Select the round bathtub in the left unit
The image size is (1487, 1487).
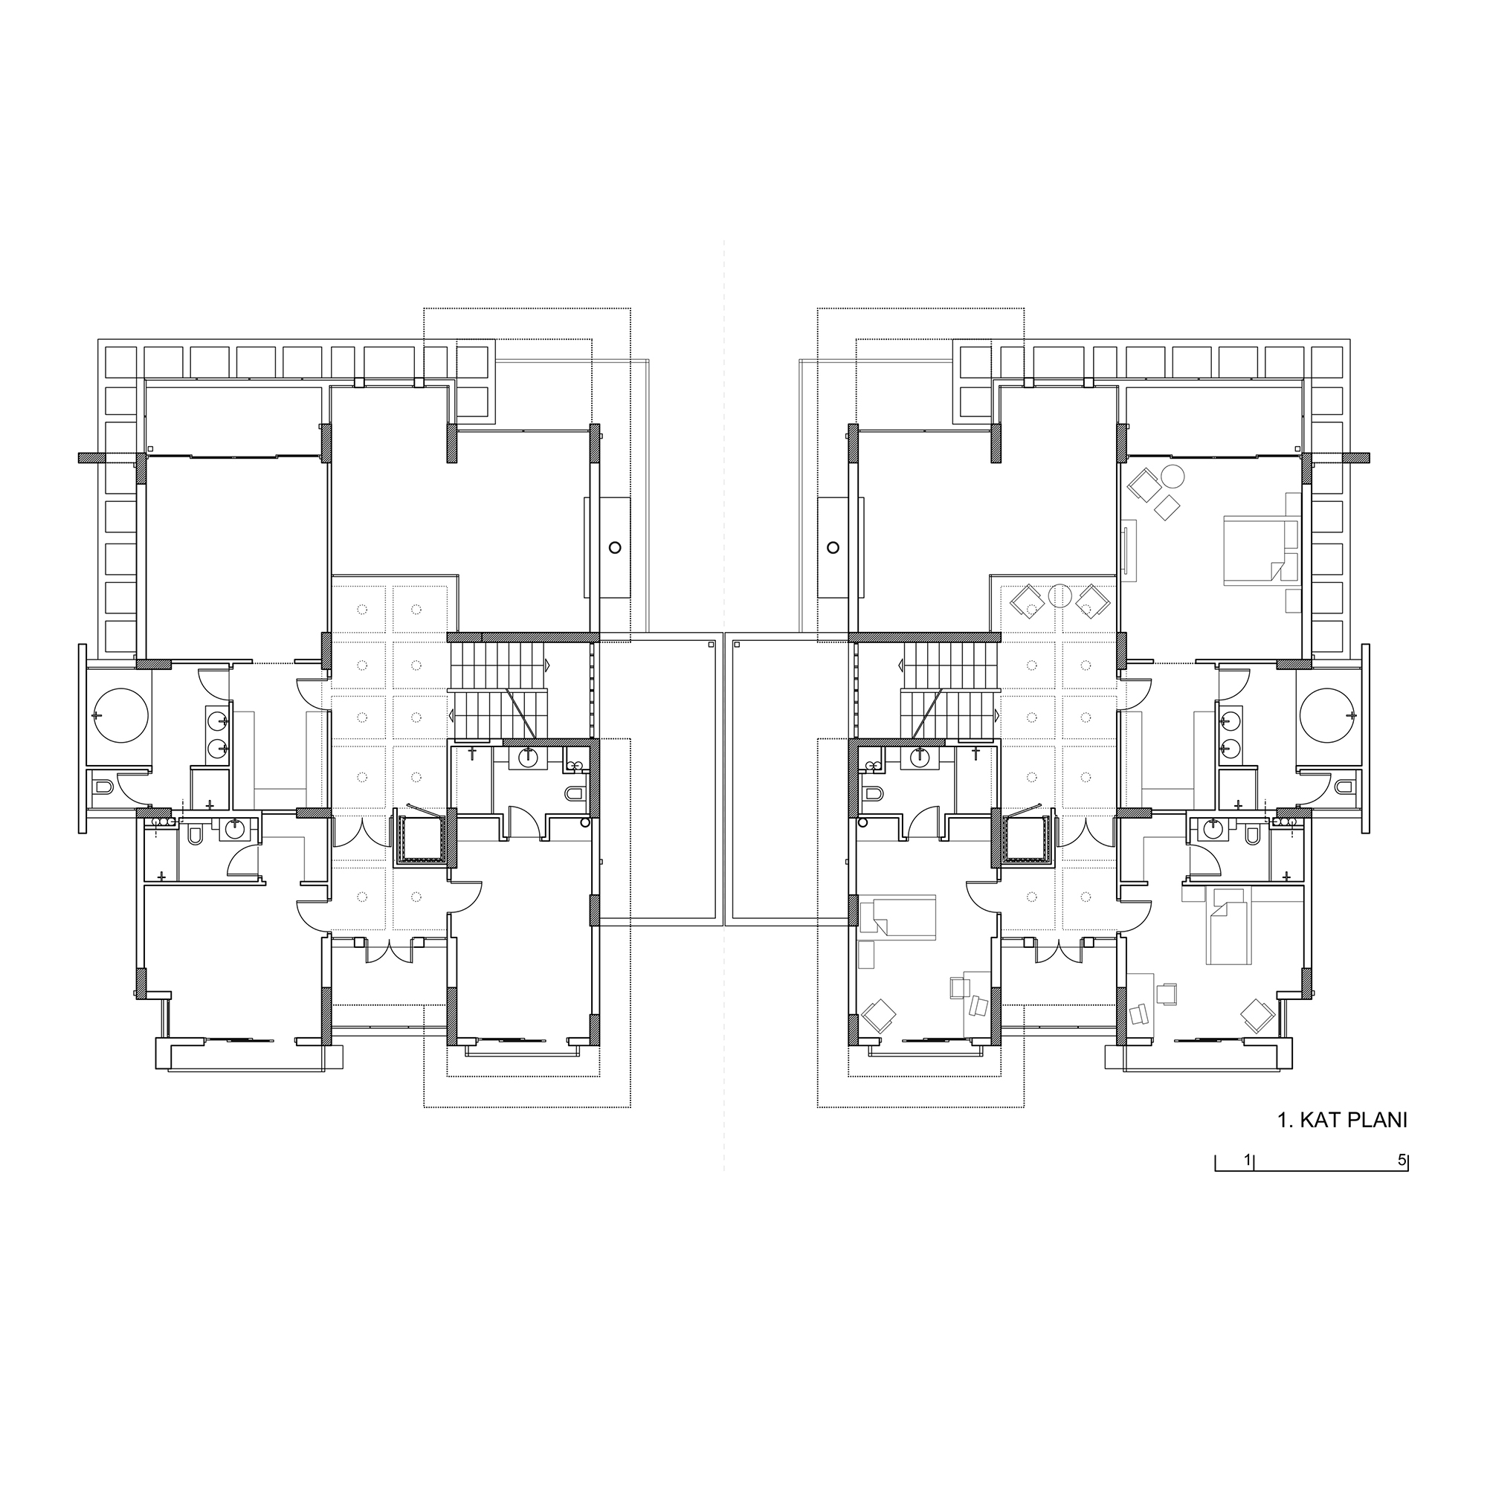coord(122,716)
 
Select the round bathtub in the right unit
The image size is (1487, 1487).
coord(1326,716)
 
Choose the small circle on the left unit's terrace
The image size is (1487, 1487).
coord(614,547)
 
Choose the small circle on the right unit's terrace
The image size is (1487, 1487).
coord(832,547)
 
